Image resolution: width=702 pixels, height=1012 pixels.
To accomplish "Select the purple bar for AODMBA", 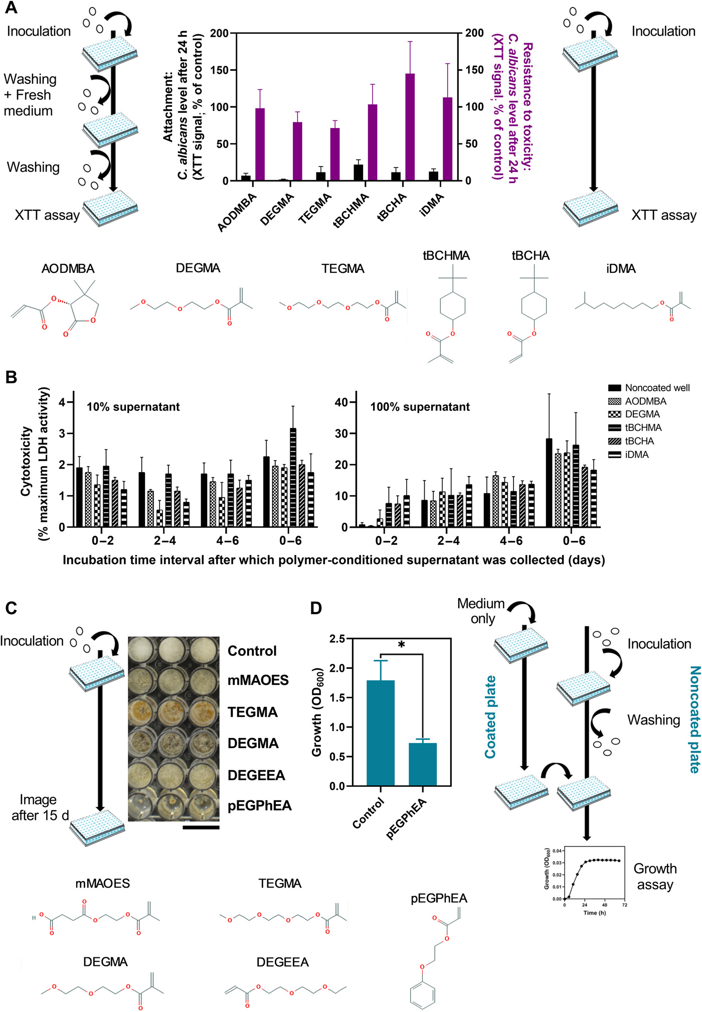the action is click(260, 144).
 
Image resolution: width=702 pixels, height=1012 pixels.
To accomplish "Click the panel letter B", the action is click(11, 377).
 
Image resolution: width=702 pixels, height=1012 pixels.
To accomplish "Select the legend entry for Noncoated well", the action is click(649, 388).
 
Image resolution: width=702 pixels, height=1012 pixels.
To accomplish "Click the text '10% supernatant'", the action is click(133, 407).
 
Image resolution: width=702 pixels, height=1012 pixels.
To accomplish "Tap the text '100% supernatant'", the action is click(420, 407).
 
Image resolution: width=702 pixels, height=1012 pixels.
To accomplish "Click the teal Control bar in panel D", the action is click(381, 733).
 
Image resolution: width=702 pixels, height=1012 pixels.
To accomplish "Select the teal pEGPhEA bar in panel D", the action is click(423, 764).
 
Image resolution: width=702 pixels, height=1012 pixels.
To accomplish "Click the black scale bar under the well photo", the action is click(201, 827).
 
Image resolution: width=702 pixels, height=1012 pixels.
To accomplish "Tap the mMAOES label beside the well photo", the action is click(258, 680).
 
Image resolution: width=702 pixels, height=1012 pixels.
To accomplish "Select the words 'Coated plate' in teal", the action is click(490, 717).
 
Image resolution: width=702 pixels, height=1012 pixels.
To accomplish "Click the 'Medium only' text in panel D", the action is click(481, 611).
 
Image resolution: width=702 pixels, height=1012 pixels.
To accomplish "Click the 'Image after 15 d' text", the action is click(40, 807).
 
